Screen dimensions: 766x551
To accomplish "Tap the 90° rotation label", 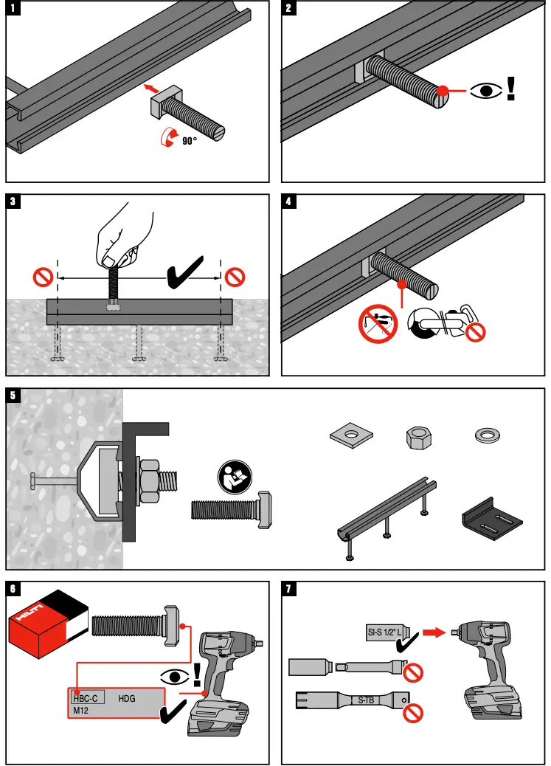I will pos(190,139).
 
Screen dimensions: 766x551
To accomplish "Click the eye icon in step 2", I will pos(485,92).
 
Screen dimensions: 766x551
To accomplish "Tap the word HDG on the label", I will pos(128,697).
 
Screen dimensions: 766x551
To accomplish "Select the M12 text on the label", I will pos(81,710).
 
